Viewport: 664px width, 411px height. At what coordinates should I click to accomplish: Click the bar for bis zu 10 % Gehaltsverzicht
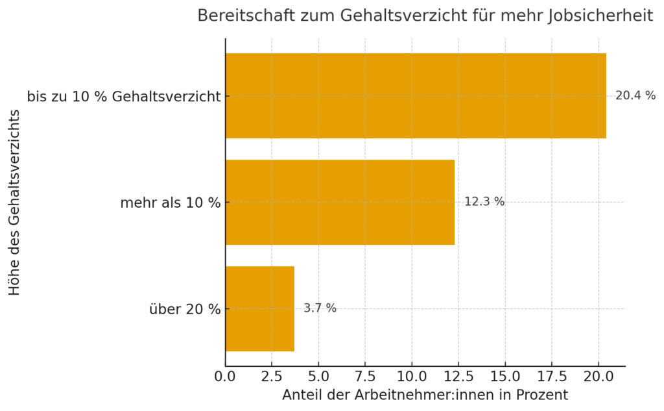[x=415, y=95]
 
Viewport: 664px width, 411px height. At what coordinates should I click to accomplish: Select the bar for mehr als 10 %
[x=340, y=202]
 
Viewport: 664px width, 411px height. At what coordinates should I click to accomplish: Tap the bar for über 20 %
[x=259, y=308]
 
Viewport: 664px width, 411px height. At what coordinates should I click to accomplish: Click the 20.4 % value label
[x=635, y=95]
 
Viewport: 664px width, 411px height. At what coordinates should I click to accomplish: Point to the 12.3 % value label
[x=484, y=202]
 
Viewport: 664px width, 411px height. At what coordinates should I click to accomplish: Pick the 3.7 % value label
[x=320, y=308]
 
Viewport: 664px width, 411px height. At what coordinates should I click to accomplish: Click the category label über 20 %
[x=185, y=309]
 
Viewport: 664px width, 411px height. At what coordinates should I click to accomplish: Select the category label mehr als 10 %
[x=170, y=203]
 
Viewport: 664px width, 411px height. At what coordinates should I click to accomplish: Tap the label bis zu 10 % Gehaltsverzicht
[x=123, y=97]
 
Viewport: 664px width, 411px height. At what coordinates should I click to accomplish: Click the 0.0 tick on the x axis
[x=226, y=377]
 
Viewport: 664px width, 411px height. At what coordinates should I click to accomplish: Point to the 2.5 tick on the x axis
[x=272, y=377]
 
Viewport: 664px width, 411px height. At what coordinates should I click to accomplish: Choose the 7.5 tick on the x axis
[x=365, y=377]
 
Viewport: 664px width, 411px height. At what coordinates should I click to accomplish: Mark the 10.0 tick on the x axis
[x=412, y=377]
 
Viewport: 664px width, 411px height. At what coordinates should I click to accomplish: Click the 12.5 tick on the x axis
[x=458, y=377]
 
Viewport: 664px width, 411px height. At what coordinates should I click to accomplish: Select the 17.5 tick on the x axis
[x=551, y=377]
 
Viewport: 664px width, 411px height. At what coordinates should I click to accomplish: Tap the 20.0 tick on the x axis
[x=598, y=377]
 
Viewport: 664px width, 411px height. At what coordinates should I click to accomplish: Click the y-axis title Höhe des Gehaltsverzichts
[x=15, y=202]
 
